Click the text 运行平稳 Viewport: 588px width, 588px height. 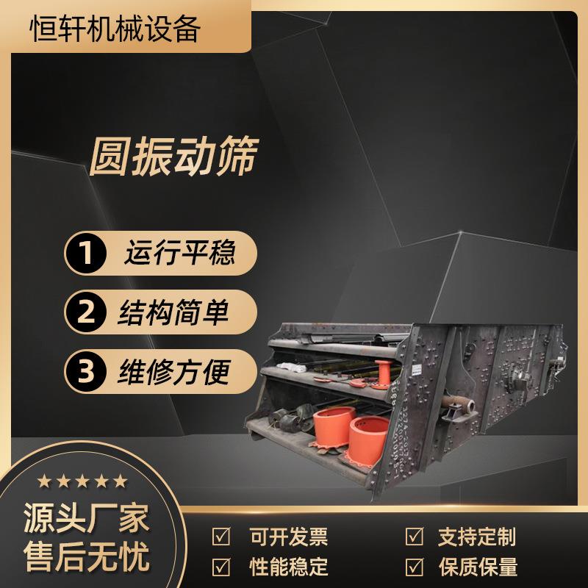coord(180,254)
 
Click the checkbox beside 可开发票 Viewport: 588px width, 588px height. coord(221,536)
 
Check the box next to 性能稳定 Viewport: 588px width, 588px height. coord(221,567)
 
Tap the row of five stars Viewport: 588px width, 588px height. coord(83,481)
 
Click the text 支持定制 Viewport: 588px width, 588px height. coord(477,537)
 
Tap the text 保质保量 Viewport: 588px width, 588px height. coord(477,567)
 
